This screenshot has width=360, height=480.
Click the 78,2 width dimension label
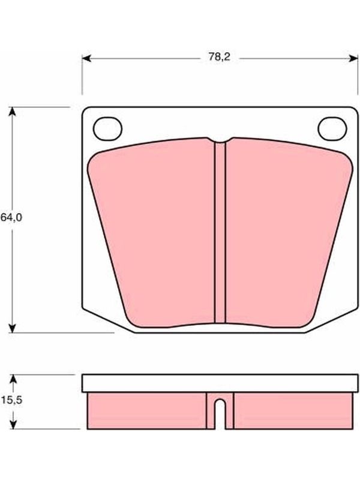tap(219, 57)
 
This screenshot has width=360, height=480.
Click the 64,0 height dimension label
tap(11, 217)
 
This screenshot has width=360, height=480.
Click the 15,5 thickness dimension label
tap(11, 400)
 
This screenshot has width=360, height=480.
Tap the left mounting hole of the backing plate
tap(107, 129)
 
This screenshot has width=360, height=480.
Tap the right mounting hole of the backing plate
tap(332, 129)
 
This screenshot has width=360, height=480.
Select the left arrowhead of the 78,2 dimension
tap(86, 58)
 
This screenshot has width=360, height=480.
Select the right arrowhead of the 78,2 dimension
tap(353, 58)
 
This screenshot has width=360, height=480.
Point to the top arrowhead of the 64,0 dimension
tap(12, 112)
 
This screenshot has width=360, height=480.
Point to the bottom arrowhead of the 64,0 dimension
tap(12, 328)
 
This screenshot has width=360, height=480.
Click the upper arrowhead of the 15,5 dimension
tap(13, 379)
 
